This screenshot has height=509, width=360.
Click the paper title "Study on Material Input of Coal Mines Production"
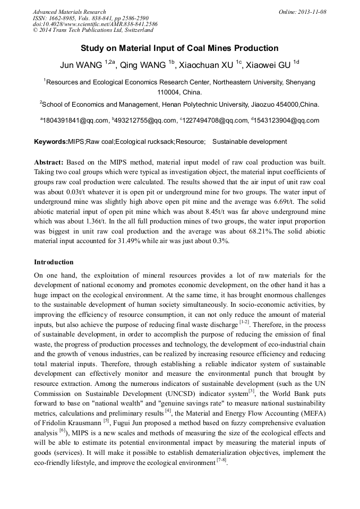[179, 48]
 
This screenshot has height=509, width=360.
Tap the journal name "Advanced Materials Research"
[69, 12]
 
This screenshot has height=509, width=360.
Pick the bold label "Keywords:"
[51, 142]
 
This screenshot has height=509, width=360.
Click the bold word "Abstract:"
[49, 161]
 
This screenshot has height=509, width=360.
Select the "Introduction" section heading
[54, 262]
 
